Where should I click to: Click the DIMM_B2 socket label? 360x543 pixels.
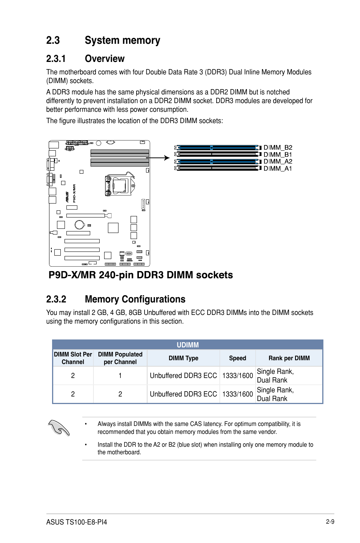[278, 148]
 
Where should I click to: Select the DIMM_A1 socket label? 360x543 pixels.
[278, 168]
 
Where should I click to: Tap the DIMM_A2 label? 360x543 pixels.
[278, 162]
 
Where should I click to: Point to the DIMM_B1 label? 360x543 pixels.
[278, 154]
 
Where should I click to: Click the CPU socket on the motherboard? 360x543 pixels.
[119, 185]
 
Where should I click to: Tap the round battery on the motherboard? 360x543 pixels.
[79, 225]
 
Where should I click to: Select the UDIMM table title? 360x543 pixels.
[188, 345]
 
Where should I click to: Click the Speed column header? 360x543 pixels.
[237, 358]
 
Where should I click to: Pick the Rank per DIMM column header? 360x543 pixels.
[289, 358]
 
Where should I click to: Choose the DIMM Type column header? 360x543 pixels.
[183, 358]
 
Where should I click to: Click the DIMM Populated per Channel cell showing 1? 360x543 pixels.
[120, 376]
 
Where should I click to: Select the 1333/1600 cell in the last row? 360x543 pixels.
[237, 394]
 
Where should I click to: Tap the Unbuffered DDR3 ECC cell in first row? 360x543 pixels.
[183, 376]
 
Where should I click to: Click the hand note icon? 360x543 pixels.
[59, 428]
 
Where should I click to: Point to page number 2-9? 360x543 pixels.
[330, 522]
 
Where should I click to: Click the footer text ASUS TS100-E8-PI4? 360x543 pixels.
[77, 522]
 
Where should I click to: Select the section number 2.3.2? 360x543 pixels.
[56, 299]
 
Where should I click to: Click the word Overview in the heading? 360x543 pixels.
[105, 59]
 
